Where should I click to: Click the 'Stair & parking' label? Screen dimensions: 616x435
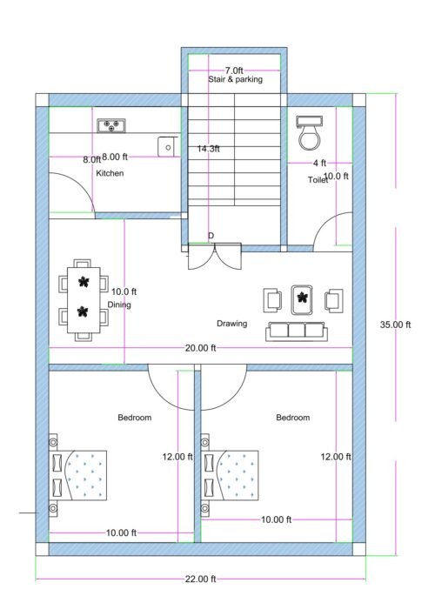[x=235, y=79]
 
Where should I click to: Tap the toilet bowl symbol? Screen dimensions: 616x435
[x=309, y=134]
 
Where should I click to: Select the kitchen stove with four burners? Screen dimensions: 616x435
[x=110, y=126]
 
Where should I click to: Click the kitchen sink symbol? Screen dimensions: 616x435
[x=165, y=146]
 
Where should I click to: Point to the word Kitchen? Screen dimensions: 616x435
[x=110, y=174]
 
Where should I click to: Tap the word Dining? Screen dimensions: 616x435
[x=119, y=305]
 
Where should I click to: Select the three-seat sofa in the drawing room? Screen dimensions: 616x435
[x=296, y=331]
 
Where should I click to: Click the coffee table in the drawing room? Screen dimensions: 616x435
[x=302, y=299]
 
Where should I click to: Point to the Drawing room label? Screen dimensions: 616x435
[x=231, y=324]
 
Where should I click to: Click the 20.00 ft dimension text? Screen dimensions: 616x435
[x=200, y=348]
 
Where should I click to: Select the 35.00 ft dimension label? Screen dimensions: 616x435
[x=395, y=325]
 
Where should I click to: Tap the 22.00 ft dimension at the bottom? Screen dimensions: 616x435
[x=200, y=579]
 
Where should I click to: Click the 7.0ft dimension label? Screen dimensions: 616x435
[x=234, y=70]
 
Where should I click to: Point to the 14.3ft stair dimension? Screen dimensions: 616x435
[x=208, y=149]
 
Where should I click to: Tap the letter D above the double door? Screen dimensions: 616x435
[x=211, y=236]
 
